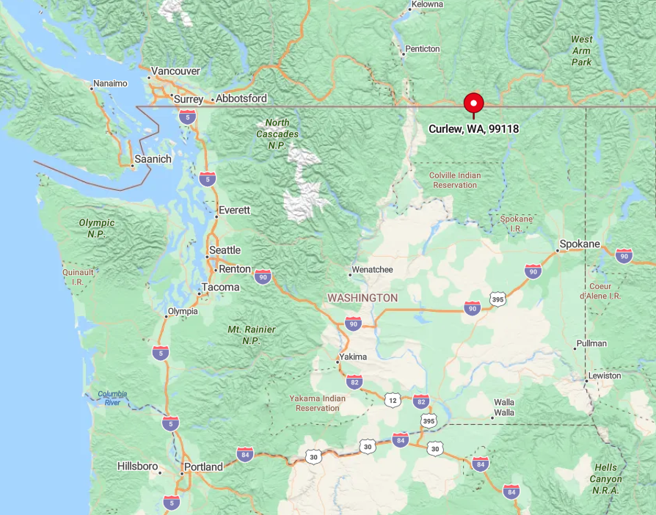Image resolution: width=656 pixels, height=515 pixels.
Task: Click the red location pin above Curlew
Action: (473, 103)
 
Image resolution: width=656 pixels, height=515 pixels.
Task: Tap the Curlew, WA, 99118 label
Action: (473, 129)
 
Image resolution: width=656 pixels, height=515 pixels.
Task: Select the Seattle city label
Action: (225, 250)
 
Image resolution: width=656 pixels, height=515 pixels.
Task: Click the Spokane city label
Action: (580, 244)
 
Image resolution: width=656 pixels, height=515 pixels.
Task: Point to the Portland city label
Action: (203, 467)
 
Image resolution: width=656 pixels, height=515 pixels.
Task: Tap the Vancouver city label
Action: (175, 71)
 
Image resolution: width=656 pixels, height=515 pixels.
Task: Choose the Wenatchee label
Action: (372, 269)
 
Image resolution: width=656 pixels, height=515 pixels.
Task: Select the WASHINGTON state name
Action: (362, 298)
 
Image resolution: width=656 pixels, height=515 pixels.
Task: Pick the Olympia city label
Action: (183, 311)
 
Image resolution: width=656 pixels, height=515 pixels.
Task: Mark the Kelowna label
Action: (427, 4)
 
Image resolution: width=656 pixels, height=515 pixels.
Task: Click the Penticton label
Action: (423, 49)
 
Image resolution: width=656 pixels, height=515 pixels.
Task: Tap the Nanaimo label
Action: (110, 84)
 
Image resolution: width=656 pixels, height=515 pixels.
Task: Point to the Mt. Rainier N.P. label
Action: (252, 335)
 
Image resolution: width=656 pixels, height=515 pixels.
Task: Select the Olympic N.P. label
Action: (97, 227)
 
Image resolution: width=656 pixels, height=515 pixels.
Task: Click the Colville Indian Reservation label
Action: (455, 180)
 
